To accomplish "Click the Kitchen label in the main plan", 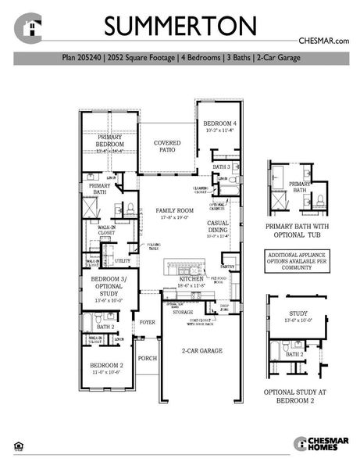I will (x=191, y=279).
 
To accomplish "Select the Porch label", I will (x=147, y=358).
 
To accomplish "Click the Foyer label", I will (x=147, y=321).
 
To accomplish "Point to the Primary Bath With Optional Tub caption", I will (x=300, y=233).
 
